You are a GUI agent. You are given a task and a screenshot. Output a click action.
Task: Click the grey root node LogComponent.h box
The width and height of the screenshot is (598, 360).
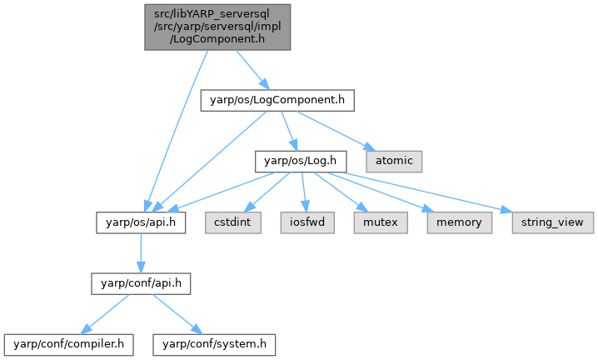tap(218, 27)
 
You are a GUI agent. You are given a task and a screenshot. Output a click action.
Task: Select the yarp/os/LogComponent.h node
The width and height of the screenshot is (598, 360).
tap(277, 102)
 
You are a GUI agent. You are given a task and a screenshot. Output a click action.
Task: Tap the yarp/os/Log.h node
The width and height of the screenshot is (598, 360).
tap(299, 158)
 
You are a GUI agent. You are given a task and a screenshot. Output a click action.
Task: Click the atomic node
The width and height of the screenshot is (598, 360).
tap(394, 158)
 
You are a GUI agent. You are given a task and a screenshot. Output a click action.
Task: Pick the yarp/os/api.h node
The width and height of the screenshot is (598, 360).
tap(139, 222)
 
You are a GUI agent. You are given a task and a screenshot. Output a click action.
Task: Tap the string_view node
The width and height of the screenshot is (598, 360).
tap(546, 222)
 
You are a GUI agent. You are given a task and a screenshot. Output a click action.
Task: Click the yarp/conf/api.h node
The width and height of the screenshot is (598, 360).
tap(141, 283)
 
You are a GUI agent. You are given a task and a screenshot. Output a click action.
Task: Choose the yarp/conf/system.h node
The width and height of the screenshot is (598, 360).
tap(213, 342)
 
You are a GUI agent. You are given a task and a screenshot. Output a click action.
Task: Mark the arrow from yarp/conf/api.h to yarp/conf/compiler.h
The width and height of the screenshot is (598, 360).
tap(107, 313)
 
